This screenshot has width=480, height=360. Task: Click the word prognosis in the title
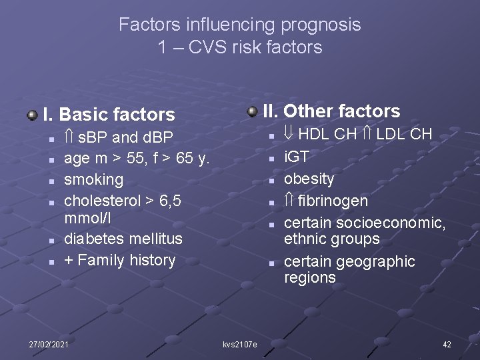click(x=321, y=25)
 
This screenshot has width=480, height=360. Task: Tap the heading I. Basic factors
click(x=109, y=115)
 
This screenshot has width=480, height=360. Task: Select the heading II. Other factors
click(x=331, y=111)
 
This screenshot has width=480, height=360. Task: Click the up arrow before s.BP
click(x=69, y=137)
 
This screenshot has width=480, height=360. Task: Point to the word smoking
click(x=93, y=179)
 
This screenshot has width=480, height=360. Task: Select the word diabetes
click(x=91, y=239)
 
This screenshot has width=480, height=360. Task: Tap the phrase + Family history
click(x=119, y=260)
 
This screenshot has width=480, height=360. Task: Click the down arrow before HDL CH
click(x=289, y=134)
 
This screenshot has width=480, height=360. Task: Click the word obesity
click(x=309, y=179)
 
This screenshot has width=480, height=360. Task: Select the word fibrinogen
click(x=333, y=201)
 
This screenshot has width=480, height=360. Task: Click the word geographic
click(x=375, y=261)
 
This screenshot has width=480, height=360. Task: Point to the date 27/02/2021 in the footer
click(x=49, y=344)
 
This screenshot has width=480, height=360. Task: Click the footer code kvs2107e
click(x=239, y=345)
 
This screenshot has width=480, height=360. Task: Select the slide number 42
click(x=447, y=344)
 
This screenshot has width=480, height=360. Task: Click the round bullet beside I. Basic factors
click(x=32, y=115)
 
